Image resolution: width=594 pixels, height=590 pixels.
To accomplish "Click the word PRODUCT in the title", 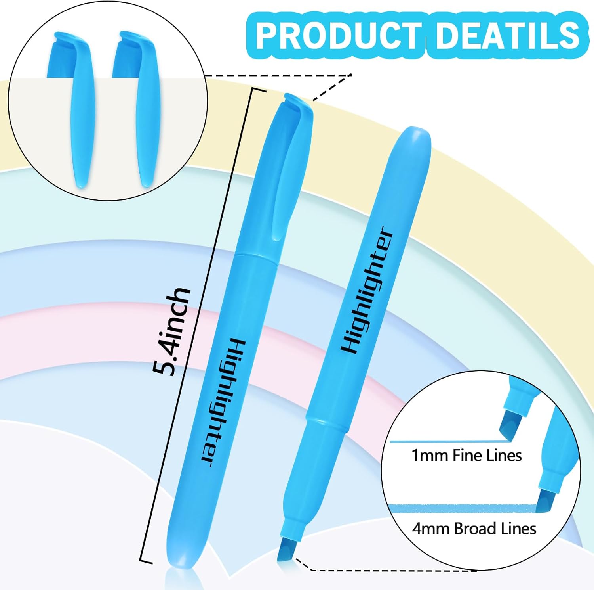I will pyautogui.click(x=339, y=35).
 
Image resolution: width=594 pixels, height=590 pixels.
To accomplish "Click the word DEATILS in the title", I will pyautogui.click(x=508, y=35).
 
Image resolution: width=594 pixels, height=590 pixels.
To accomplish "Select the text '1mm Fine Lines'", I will pyautogui.click(x=466, y=456).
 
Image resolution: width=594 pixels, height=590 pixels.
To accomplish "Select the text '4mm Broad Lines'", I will pyautogui.click(x=474, y=529).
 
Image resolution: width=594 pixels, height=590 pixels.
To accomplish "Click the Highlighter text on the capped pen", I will pyautogui.click(x=224, y=402).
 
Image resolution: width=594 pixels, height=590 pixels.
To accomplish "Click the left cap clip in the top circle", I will pyautogui.click(x=81, y=115).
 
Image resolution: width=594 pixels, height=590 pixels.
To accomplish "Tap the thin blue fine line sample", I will pyautogui.click(x=447, y=441).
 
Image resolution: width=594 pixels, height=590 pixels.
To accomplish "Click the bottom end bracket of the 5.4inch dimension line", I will pyautogui.click(x=146, y=561).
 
